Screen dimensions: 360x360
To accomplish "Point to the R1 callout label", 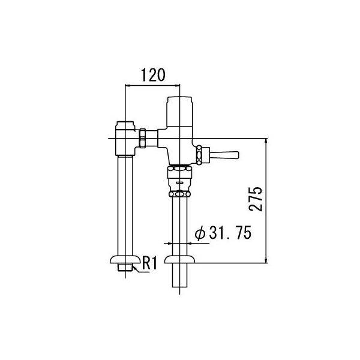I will [148, 262].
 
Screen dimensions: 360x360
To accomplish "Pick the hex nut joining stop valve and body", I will [143, 138].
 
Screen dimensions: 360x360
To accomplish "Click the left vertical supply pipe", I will [124, 204].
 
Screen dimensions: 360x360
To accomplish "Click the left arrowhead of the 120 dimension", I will [127, 85].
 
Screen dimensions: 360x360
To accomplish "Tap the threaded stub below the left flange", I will [124, 269].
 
